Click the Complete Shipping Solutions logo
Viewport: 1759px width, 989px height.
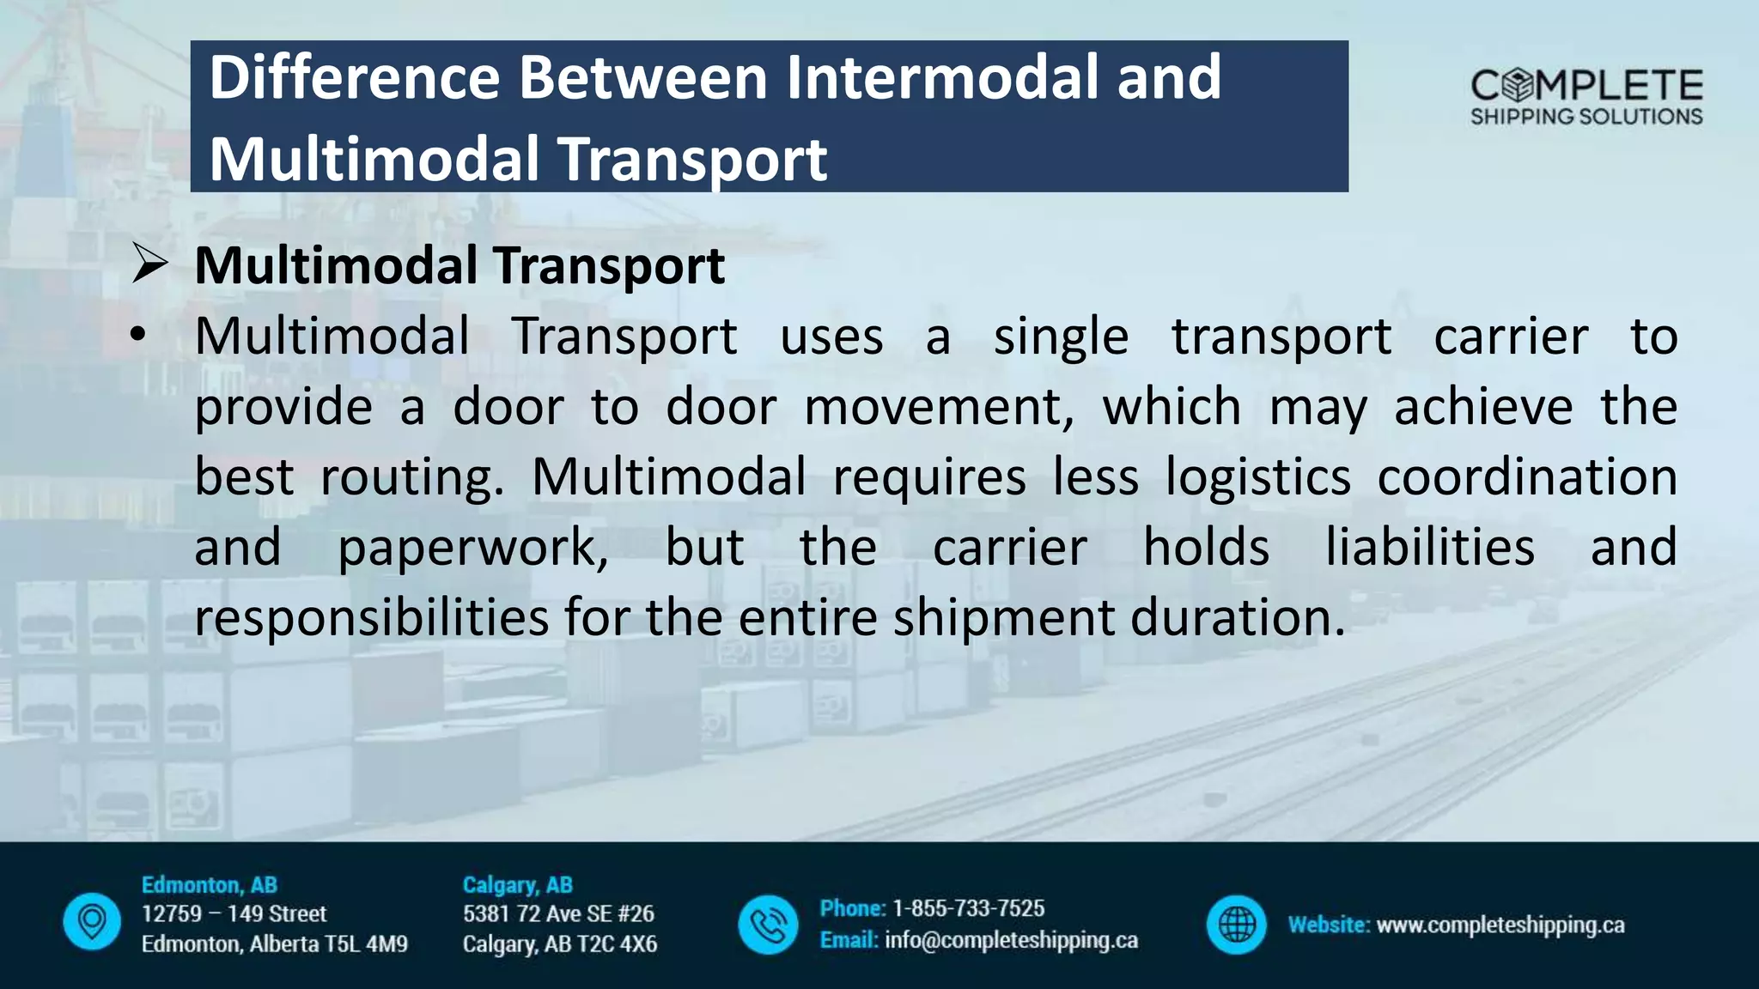(x=1586, y=97)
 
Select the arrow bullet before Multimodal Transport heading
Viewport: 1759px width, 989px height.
(x=149, y=264)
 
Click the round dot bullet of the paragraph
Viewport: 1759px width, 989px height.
(x=138, y=336)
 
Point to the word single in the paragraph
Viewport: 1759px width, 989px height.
(x=1061, y=337)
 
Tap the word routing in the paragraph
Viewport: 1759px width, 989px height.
(x=411, y=477)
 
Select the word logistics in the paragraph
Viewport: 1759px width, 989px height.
(x=1257, y=477)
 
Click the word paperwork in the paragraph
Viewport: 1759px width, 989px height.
(x=473, y=548)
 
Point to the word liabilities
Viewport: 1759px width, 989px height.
(x=1429, y=548)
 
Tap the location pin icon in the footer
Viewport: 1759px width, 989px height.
(x=92, y=923)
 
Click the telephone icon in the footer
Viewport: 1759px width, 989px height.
(x=768, y=925)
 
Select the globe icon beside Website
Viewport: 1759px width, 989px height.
(x=1236, y=925)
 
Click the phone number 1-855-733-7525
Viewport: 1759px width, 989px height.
(x=968, y=908)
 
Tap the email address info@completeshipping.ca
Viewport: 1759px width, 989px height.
(x=1011, y=941)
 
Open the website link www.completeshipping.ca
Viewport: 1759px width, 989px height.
(x=1500, y=925)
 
